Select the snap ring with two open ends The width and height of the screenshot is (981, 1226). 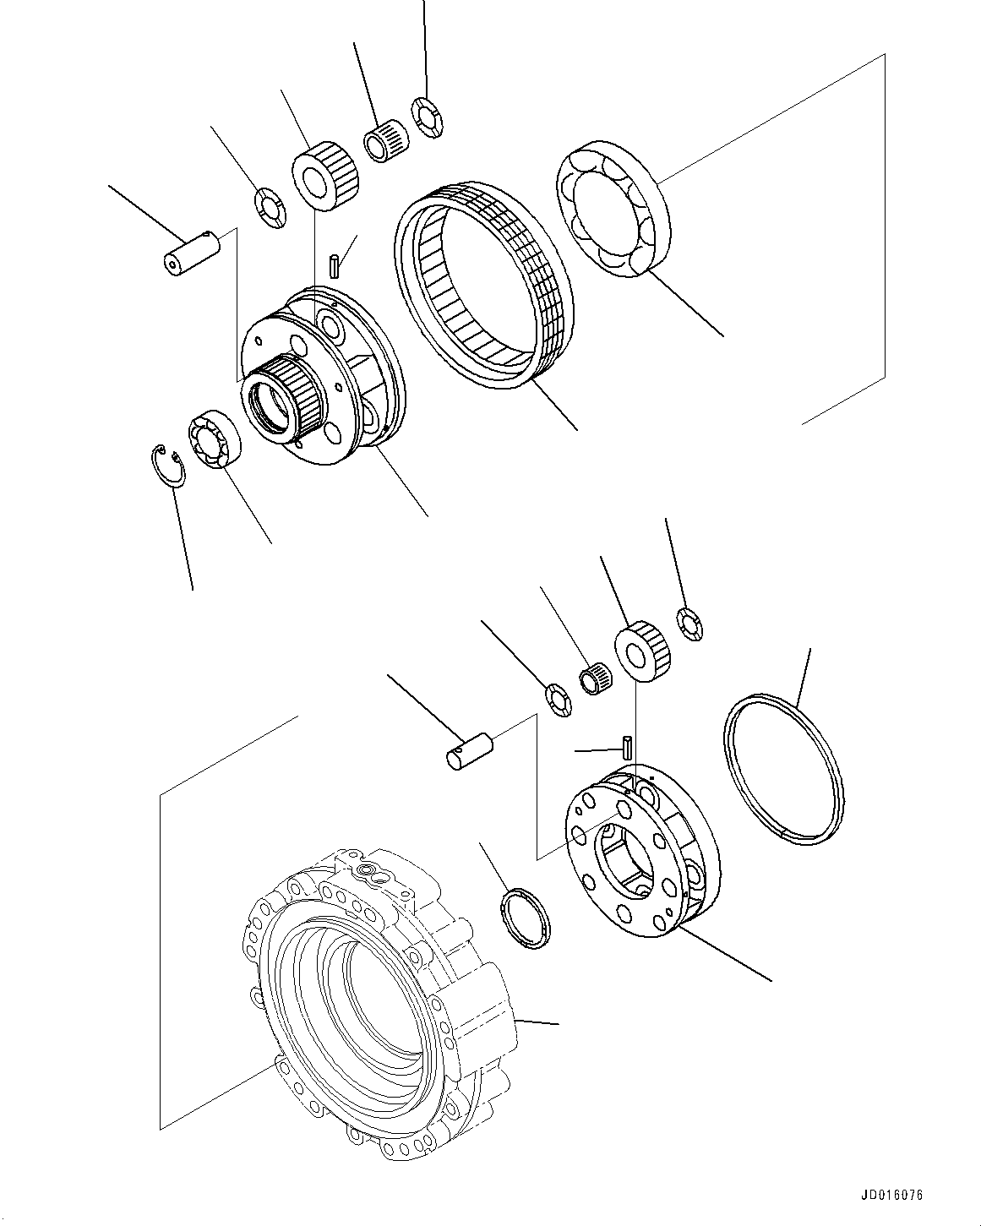click(x=167, y=466)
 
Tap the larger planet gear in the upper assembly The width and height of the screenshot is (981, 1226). click(x=327, y=175)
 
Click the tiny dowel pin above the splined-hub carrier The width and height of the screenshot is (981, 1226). click(x=335, y=264)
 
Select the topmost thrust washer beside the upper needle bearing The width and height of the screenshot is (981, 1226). click(x=428, y=116)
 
